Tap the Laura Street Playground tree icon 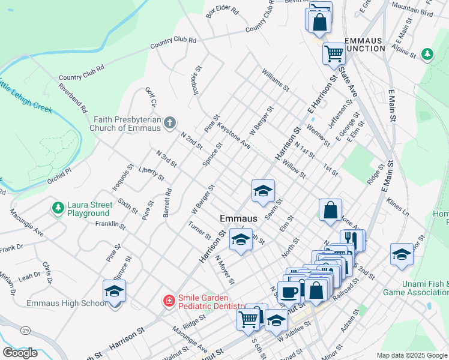pos(58,208)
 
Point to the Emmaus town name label pos(238,219)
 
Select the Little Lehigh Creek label pos(27,96)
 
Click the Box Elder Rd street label pos(222,12)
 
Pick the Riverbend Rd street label pos(74,98)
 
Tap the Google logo pos(20,353)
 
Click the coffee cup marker pos(288,292)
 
